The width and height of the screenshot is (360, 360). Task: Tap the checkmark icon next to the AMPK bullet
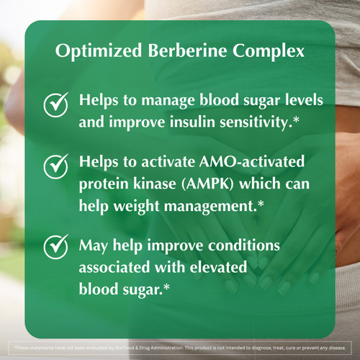pos(55,167)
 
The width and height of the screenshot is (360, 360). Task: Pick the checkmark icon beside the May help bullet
pos(55,246)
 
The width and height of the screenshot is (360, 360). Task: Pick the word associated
pos(118,266)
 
